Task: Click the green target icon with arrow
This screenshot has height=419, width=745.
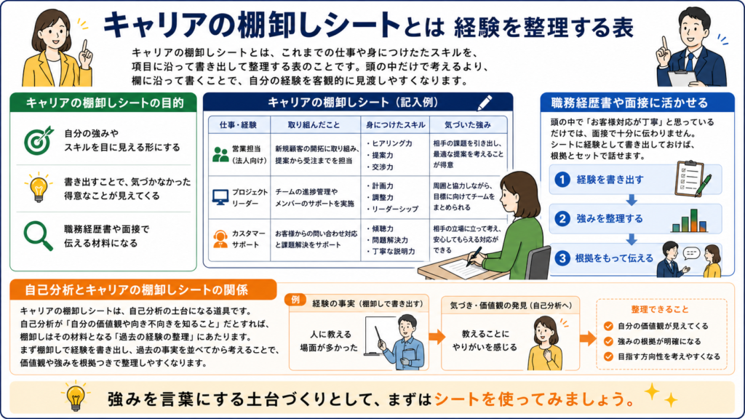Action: [39, 140]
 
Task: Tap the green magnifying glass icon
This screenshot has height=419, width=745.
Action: [38, 236]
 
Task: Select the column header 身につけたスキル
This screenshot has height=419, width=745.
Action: [395, 125]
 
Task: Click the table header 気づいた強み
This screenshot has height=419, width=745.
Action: [468, 125]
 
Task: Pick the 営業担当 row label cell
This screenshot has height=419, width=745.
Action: [239, 155]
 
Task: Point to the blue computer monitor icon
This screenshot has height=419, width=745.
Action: [220, 197]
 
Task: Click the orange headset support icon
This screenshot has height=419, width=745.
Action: [220, 239]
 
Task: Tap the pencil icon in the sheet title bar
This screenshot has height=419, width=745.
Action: [485, 103]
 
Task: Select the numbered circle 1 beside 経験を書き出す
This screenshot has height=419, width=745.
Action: [562, 180]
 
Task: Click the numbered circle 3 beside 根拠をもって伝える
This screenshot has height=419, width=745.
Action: [562, 258]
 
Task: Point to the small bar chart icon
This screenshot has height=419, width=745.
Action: [690, 220]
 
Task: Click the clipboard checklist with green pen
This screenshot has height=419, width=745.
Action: [693, 179]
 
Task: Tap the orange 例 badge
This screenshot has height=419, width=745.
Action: [295, 299]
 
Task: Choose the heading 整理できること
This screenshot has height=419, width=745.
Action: [660, 309]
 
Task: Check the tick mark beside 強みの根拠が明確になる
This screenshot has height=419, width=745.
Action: [608, 341]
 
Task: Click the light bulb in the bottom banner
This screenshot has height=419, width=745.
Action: [76, 396]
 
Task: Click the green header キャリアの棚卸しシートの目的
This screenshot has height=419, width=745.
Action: [104, 103]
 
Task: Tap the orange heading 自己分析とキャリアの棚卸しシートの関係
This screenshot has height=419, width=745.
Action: [136, 290]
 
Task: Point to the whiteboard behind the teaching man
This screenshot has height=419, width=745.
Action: [380, 336]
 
